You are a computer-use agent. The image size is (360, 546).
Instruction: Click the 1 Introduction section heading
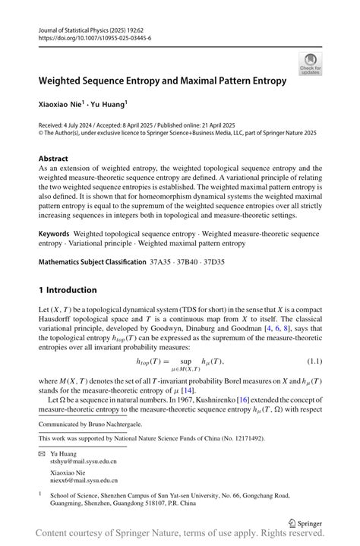68,290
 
